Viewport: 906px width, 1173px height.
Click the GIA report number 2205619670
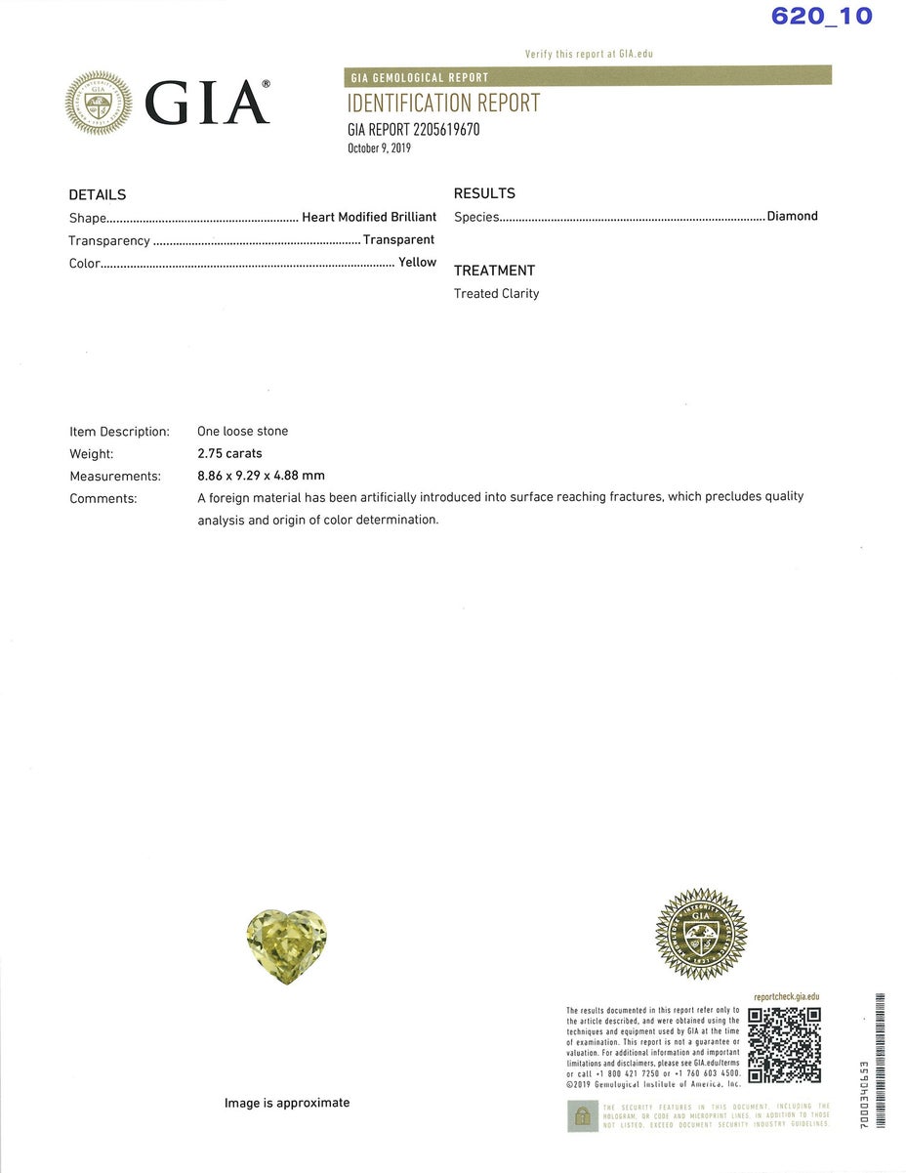[x=413, y=129]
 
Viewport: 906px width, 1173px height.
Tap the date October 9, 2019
[x=379, y=148]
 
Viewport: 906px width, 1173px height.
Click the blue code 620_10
[x=821, y=16]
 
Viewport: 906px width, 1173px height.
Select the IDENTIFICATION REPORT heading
[x=443, y=104]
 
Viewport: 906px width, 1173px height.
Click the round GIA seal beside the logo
[x=99, y=103]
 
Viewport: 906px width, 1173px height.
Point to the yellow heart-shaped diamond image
[x=286, y=944]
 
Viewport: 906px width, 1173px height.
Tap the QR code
[x=784, y=1045]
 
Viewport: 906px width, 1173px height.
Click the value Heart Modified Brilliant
[x=369, y=217]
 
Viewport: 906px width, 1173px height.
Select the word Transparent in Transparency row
[x=398, y=239]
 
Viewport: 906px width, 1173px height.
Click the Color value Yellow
[x=417, y=262]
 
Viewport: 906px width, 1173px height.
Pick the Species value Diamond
[x=792, y=216]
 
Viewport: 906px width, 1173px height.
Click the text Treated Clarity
[x=496, y=293]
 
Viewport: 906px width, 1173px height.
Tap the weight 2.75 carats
[x=229, y=453]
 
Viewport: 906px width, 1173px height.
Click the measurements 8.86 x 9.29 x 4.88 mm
[x=261, y=476]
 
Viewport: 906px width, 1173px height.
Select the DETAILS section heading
[x=98, y=194]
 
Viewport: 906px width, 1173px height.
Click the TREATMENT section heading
[x=494, y=271]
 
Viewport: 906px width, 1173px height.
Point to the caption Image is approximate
[x=286, y=1103]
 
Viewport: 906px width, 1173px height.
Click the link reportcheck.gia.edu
[x=786, y=997]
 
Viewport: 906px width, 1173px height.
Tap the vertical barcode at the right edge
[x=880, y=1061]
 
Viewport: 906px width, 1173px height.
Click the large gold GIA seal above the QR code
[x=701, y=935]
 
